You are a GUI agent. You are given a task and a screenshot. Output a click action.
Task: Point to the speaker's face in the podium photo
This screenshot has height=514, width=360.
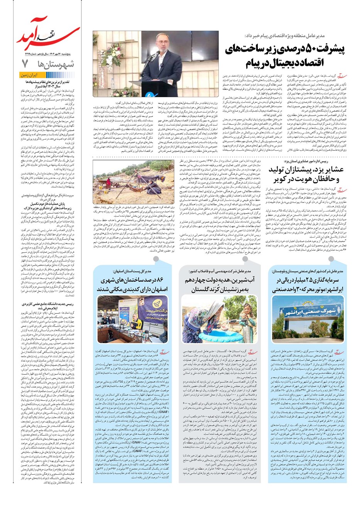[x=161, y=42]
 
